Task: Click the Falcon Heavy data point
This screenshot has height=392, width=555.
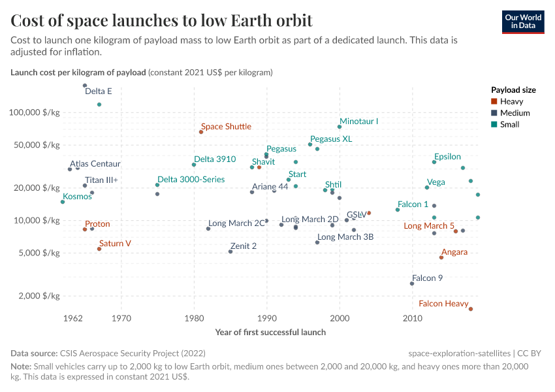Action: [x=471, y=309]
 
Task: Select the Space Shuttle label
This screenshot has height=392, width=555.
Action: [x=226, y=127]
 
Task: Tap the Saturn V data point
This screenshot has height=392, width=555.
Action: [x=99, y=249]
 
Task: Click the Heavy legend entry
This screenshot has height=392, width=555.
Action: [x=511, y=101]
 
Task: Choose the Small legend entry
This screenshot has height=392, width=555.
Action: [x=510, y=124]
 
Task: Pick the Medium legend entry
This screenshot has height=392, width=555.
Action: [x=515, y=113]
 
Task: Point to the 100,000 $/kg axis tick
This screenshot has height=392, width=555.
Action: [x=35, y=112]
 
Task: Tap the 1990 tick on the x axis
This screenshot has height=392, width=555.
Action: [x=267, y=319]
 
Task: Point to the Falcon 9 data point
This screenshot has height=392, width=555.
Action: [x=412, y=284]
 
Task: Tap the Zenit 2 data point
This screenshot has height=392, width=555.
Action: [x=230, y=252]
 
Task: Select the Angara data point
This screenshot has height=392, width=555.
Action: [x=441, y=257]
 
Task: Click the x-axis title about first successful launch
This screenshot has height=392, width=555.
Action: [x=270, y=332]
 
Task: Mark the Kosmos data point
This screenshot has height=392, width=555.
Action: [x=63, y=202]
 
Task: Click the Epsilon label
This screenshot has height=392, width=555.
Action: [x=447, y=157]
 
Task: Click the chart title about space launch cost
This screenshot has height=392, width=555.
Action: [x=162, y=21]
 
